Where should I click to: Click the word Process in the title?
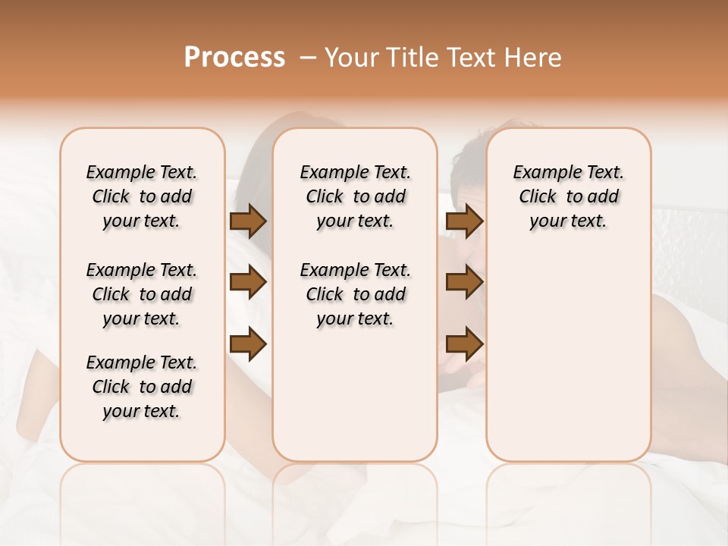234,58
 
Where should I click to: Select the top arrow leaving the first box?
248,221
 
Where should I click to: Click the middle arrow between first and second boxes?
248,283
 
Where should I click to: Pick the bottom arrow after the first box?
248,344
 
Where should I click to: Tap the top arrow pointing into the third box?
464,221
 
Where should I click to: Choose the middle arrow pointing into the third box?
464,283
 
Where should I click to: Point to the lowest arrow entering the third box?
464,344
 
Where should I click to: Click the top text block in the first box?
142,196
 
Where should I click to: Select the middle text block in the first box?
142,294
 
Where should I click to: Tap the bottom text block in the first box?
142,387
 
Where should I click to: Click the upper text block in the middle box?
355,196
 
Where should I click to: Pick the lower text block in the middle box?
355,294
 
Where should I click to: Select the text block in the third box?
568,196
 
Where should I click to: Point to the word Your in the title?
350,58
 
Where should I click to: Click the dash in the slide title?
308,58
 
